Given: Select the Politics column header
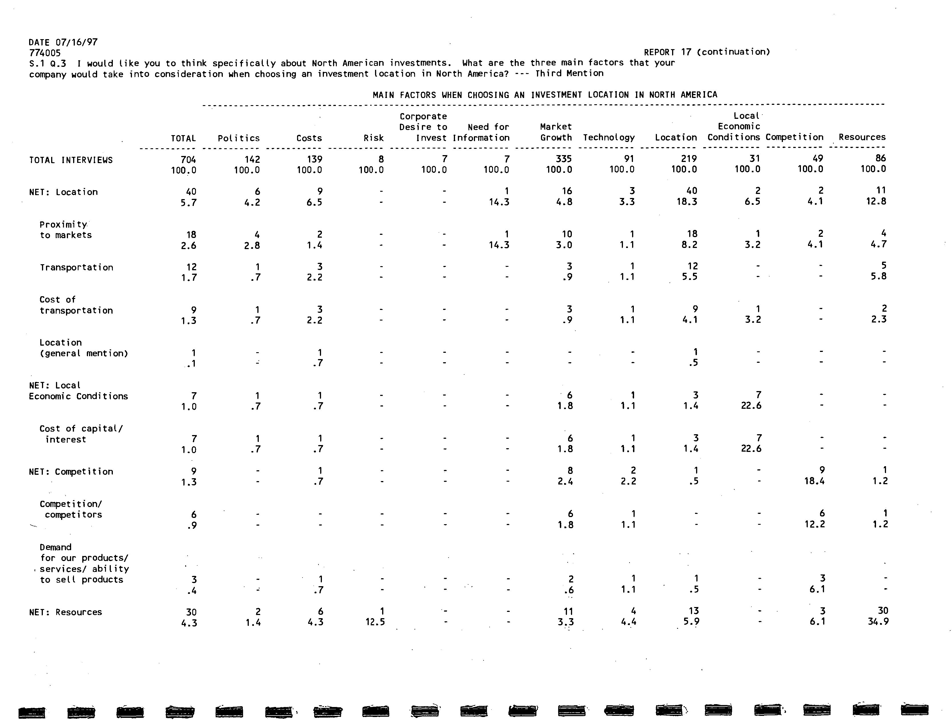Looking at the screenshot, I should (239, 138).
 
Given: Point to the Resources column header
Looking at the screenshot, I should (862, 137).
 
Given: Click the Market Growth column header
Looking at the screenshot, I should (556, 132).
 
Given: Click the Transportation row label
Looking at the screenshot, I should (76, 268).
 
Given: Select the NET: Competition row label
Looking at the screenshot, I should (71, 472).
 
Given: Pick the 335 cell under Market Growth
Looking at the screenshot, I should (564, 159).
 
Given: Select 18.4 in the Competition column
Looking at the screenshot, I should (814, 481).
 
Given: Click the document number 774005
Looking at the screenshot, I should (45, 53).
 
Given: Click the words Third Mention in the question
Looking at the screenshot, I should (569, 73).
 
